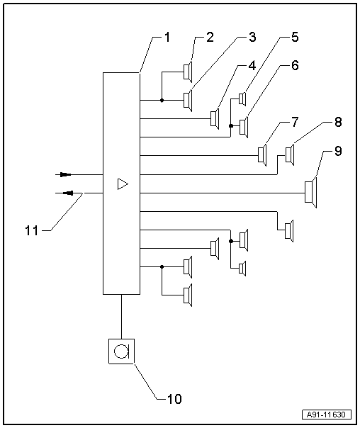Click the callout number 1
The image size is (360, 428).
167,37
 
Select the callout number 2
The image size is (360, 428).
210,38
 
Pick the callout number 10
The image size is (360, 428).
174,398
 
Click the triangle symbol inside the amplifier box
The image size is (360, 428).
123,184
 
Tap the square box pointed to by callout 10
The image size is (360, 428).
121,350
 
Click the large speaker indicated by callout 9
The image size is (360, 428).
310,193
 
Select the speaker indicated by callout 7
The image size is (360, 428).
263,154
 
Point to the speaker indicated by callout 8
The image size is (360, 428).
289,154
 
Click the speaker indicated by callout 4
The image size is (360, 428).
215,118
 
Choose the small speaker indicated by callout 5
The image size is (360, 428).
243,98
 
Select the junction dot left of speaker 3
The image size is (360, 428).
162,100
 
